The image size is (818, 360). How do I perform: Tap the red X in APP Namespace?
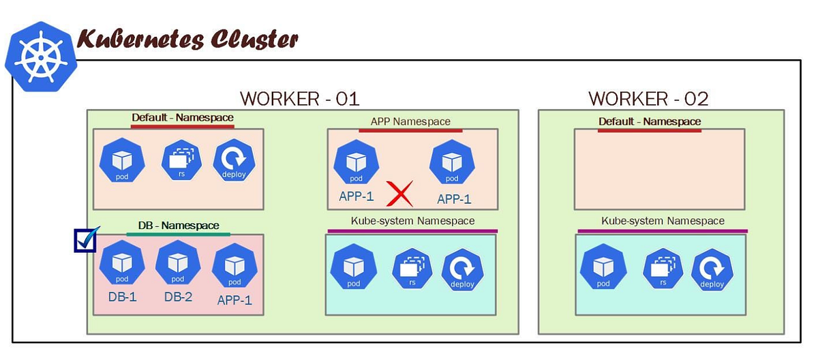[400, 194]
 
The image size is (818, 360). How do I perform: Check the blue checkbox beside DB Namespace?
[85, 240]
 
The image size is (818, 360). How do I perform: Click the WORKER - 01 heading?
[299, 98]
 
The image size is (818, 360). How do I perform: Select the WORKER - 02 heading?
[648, 98]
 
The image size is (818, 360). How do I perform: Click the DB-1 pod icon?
[122, 265]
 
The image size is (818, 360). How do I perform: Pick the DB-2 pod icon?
[178, 265]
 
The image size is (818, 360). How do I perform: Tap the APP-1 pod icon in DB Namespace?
[234, 267]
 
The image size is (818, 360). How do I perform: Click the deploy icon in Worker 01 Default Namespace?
[234, 162]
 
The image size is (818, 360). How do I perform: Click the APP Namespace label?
[410, 121]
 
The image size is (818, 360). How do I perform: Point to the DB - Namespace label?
[177, 225]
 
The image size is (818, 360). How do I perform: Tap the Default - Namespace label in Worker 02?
[649, 121]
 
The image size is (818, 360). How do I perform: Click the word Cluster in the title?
[253, 39]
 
